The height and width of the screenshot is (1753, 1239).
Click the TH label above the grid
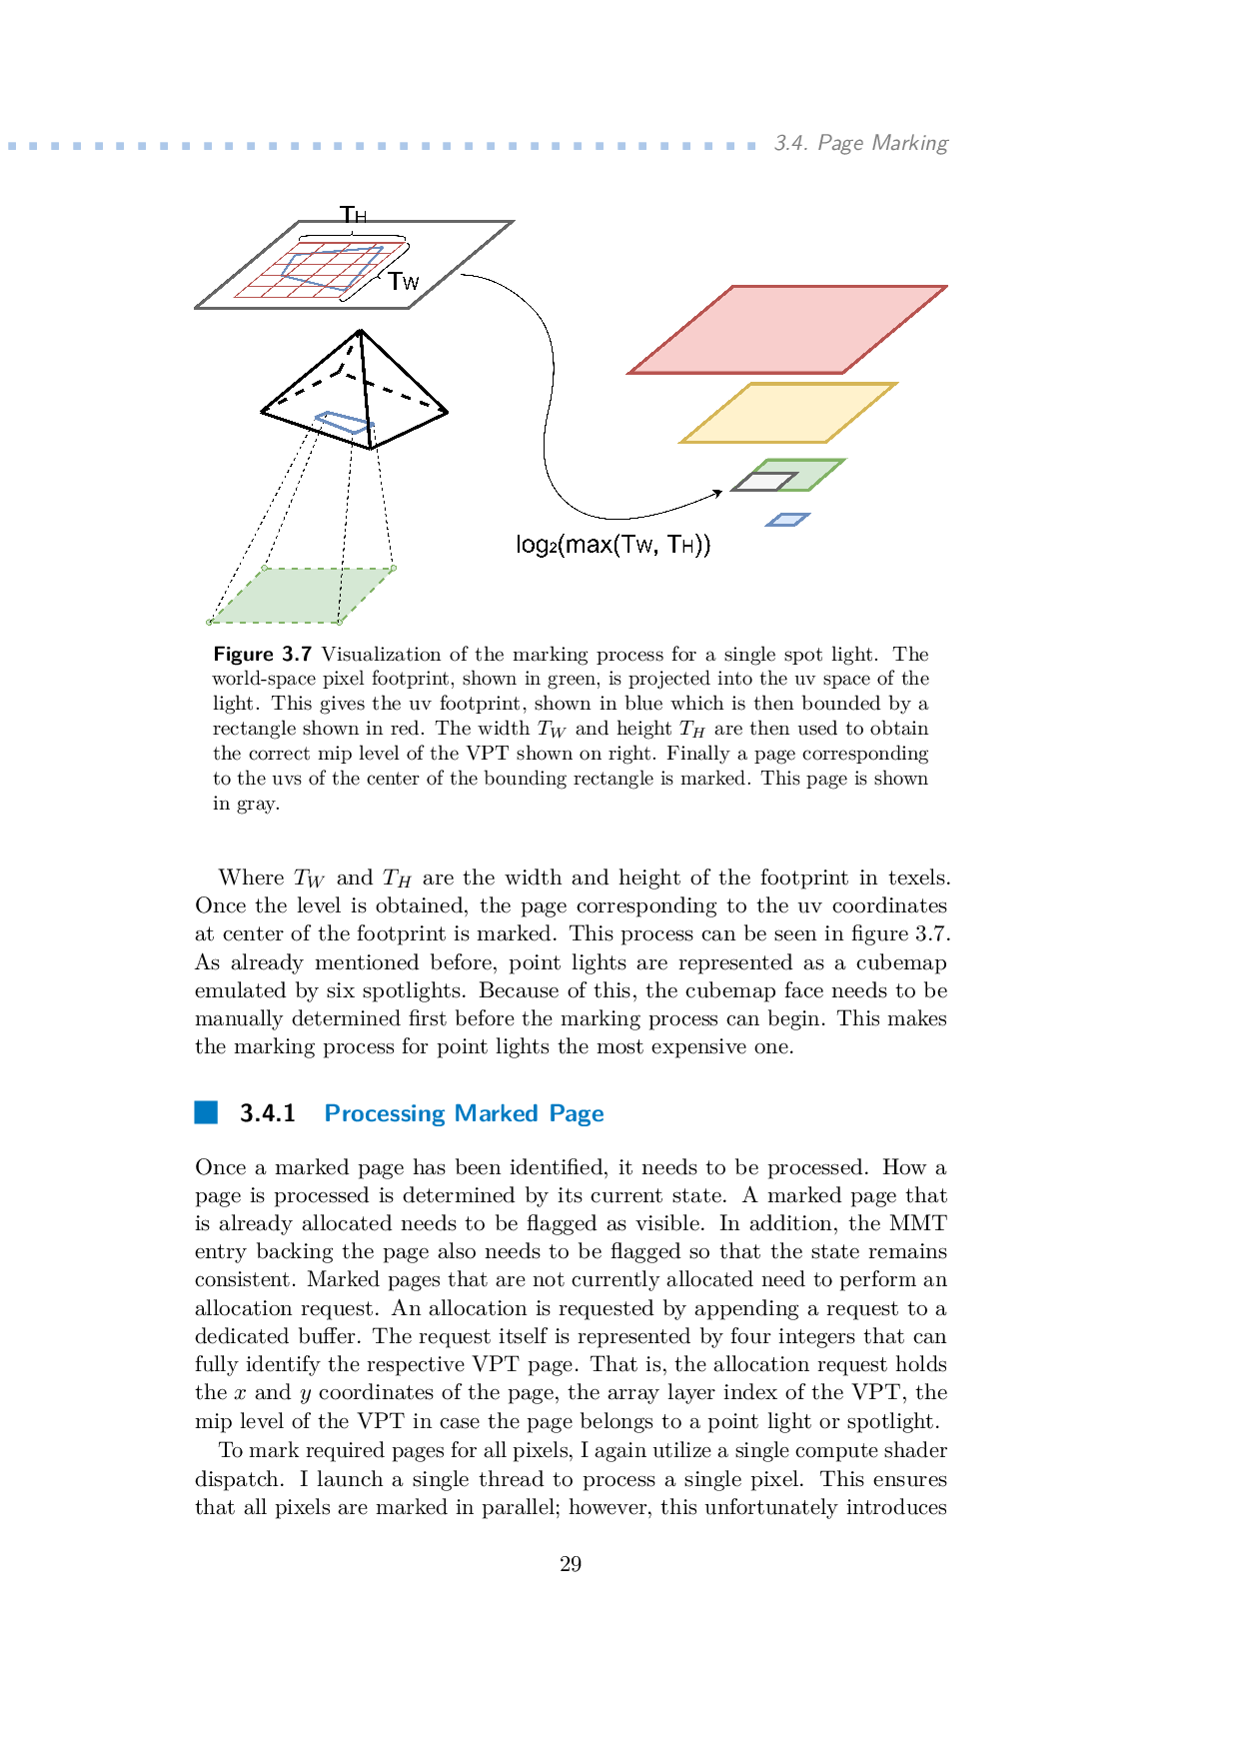click(x=354, y=215)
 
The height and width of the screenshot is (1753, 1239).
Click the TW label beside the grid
click(x=404, y=282)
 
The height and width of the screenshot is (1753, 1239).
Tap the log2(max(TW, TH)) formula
click(x=613, y=545)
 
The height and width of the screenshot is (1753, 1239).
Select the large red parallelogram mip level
click(x=787, y=330)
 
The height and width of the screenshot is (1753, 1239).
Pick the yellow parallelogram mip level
click(x=788, y=412)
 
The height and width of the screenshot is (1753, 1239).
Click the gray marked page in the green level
click(x=764, y=482)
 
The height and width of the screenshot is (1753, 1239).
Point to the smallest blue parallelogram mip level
click(x=787, y=520)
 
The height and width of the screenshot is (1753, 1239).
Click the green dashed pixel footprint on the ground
click(x=302, y=595)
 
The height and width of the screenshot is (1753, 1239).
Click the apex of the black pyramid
click(x=360, y=332)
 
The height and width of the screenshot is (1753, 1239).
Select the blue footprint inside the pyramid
click(x=344, y=422)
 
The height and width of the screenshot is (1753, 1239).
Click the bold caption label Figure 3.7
click(x=262, y=655)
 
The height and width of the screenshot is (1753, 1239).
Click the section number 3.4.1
click(x=267, y=1113)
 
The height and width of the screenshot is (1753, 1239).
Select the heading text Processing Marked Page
click(x=464, y=1113)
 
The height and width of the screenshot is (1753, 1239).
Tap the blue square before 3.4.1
click(x=206, y=1112)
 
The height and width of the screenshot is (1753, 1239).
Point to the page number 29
click(x=571, y=1564)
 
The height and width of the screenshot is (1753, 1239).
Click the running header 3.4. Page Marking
click(x=860, y=143)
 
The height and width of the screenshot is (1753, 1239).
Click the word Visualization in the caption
click(x=381, y=655)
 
